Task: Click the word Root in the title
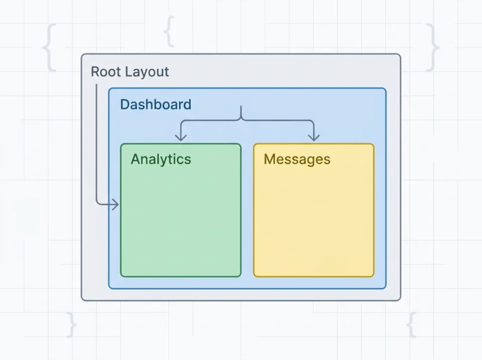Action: (106, 72)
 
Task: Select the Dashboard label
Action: (156, 104)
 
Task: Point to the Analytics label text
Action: (161, 159)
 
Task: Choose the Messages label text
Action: (297, 159)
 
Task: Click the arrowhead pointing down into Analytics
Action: (181, 137)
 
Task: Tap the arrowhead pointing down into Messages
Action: (314, 137)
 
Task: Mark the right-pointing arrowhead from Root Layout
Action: (115, 204)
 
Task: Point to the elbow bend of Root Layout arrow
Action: (97, 203)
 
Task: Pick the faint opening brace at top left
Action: (49, 48)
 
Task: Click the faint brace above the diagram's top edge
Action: (170, 31)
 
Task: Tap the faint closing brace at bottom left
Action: (72, 325)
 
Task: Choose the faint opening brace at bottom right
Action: (411, 325)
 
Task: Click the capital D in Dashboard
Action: (125, 104)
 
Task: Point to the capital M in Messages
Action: (270, 159)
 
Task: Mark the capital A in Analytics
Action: (136, 159)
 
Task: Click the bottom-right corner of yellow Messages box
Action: (373, 276)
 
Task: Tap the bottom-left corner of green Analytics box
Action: (122, 276)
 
